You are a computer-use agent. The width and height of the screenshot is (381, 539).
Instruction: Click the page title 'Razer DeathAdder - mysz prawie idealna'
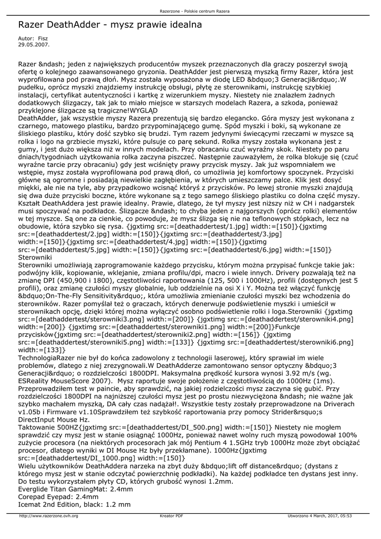point(110,25)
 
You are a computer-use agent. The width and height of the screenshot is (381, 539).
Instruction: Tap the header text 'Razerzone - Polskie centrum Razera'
point(190,11)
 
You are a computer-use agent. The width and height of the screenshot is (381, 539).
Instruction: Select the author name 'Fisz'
point(43,38)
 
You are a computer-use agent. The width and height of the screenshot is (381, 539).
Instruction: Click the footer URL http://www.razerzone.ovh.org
point(48,516)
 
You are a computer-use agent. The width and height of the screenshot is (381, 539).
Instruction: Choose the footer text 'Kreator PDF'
point(171,516)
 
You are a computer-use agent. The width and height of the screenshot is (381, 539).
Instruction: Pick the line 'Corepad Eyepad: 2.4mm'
point(58,496)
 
